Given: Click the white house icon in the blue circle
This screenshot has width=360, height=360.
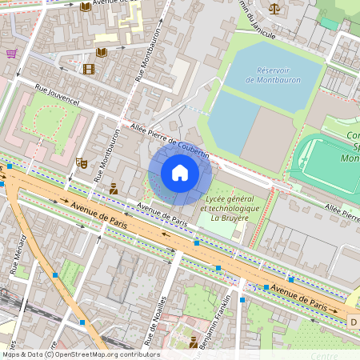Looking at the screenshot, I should coord(179,173).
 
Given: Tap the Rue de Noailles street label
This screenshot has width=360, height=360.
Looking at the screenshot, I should coord(154,322).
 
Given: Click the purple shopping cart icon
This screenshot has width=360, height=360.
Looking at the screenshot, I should coord(11,54).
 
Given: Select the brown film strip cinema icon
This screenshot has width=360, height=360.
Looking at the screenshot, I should coord(88,69).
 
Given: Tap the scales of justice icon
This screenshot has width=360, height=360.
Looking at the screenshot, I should coord(275,9).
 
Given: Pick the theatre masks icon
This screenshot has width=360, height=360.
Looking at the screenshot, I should coord(81,162).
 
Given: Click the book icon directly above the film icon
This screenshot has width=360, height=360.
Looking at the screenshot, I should coord(101,52).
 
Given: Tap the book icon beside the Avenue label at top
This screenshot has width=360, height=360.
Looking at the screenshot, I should coord(85,6).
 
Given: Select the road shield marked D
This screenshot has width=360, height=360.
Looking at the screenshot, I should coord(353,321).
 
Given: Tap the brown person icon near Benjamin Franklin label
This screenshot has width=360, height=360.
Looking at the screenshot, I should coord(194,342).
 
